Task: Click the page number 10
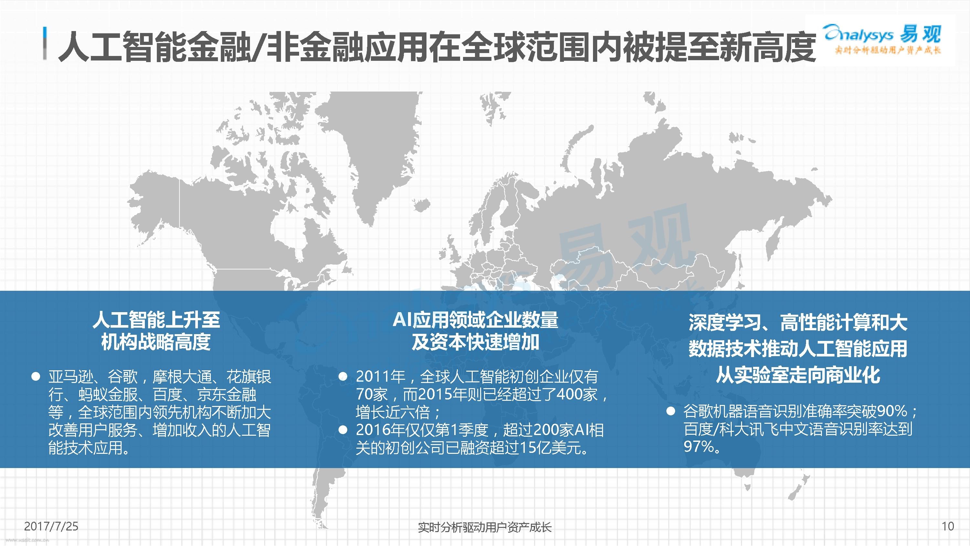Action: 947,526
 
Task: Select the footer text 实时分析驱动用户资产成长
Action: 485,527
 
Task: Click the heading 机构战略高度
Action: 156,342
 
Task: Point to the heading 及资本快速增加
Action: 475,342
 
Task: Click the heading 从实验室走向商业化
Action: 798,375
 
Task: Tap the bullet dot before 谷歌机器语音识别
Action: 671,411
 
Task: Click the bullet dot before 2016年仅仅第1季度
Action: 343,430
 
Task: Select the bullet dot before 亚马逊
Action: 36,377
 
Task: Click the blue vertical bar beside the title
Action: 45,43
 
